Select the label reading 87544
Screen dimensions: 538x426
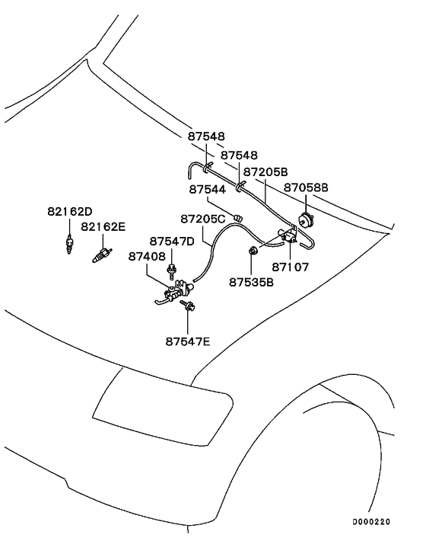208,188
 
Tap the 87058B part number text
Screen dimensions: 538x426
306,187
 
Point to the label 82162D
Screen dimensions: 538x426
70,211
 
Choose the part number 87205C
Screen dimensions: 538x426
203,219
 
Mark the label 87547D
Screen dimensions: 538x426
172,241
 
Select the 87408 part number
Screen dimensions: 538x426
147,257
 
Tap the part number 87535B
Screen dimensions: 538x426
251,281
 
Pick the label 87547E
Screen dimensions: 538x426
187,341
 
